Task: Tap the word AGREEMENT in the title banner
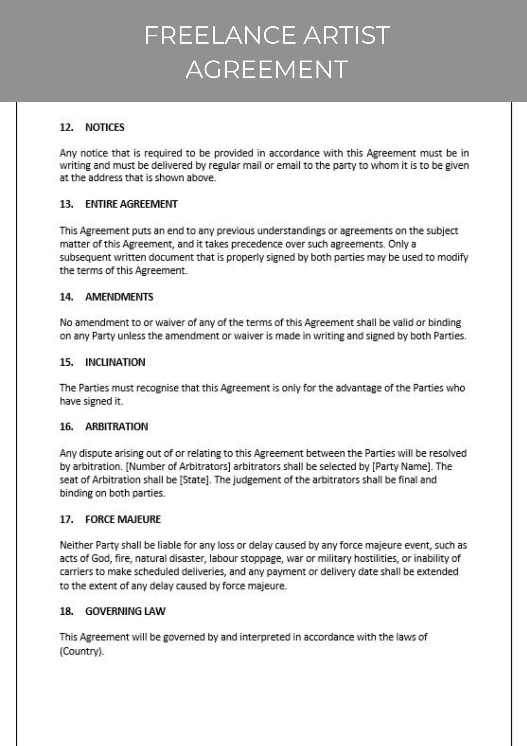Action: (x=267, y=69)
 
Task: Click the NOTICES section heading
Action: (x=105, y=128)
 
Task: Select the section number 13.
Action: (x=66, y=204)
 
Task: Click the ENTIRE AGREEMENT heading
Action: (x=131, y=204)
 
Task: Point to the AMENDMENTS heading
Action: (x=119, y=297)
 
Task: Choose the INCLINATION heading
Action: (x=115, y=362)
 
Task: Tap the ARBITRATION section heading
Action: (x=117, y=427)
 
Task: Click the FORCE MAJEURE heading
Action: (x=123, y=519)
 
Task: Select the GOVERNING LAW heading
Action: (x=125, y=611)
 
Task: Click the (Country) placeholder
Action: (x=82, y=652)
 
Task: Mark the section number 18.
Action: (x=66, y=611)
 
